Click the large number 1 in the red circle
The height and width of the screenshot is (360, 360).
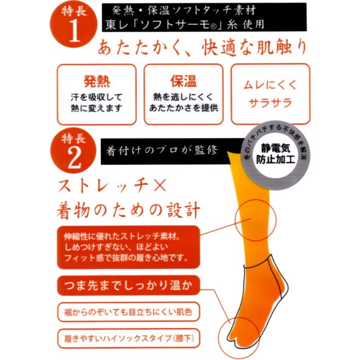(x=75, y=30)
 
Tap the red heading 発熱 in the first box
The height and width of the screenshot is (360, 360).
(x=97, y=81)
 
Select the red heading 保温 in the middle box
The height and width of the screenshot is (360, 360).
(x=184, y=81)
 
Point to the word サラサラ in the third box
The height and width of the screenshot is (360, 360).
(x=270, y=103)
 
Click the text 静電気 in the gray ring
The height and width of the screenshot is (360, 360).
(x=276, y=148)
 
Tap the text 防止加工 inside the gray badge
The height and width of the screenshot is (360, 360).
(x=276, y=159)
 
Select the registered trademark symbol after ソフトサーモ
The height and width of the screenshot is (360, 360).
(x=213, y=26)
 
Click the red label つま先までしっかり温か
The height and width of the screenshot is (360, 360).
(x=129, y=285)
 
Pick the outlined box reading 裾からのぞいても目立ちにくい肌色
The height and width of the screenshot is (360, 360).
(x=129, y=312)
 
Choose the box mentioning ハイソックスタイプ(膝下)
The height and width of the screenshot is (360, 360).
(x=129, y=338)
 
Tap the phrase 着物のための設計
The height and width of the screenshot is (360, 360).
(x=129, y=210)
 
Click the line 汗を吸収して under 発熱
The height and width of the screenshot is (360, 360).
(x=97, y=97)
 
